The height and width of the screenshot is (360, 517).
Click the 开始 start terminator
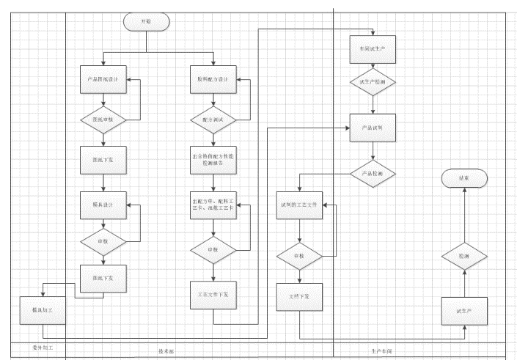point(147,22)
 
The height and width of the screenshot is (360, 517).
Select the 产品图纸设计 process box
point(103,79)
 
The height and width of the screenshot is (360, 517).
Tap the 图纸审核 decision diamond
point(103,120)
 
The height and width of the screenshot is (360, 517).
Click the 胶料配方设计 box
point(213,79)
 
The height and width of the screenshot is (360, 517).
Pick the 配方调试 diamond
point(213,120)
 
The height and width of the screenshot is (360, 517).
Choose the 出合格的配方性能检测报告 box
point(213,161)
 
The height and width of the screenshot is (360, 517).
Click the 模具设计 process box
point(103,204)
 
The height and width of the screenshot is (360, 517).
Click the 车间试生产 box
point(373,48)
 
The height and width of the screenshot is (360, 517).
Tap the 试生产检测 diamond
point(373,84)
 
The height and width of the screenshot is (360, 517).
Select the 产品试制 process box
point(373,128)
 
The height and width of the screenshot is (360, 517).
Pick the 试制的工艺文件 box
point(299,207)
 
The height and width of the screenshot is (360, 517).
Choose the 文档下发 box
point(299,296)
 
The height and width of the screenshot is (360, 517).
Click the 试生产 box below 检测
point(463,311)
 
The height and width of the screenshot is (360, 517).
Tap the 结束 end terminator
point(463,178)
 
